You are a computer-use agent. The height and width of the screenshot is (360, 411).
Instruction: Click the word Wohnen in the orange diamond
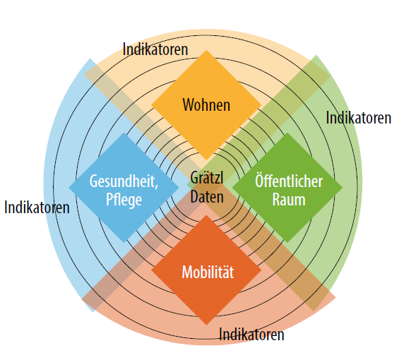click(206, 104)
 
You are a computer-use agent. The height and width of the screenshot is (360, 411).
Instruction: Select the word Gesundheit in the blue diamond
click(122, 181)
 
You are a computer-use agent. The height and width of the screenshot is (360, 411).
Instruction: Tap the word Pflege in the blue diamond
click(124, 200)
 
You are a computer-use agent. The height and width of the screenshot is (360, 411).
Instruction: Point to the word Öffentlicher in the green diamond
click(289, 180)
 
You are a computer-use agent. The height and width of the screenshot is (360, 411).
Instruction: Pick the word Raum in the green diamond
click(289, 200)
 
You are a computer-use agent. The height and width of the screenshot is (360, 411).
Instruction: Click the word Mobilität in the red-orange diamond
click(208, 272)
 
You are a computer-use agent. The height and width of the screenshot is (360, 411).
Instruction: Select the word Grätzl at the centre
click(207, 177)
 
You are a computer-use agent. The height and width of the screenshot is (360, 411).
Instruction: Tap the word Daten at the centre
click(207, 196)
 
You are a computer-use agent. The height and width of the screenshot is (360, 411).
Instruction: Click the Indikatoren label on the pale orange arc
click(155, 49)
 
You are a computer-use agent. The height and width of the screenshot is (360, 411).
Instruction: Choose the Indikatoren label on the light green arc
click(359, 118)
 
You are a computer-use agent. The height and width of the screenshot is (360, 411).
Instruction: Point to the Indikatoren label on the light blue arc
click(37, 208)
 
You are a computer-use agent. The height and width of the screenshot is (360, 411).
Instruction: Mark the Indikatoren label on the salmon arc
click(251, 335)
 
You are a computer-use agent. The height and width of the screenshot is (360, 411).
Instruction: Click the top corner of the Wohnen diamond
click(206, 50)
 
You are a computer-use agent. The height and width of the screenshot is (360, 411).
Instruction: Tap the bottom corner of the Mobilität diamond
click(206, 325)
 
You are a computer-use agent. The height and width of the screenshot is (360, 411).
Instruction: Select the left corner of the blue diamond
click(68, 188)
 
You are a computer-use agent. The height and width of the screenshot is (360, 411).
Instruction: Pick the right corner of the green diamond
click(342, 188)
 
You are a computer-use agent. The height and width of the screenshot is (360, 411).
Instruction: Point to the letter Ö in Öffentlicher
click(258, 180)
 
